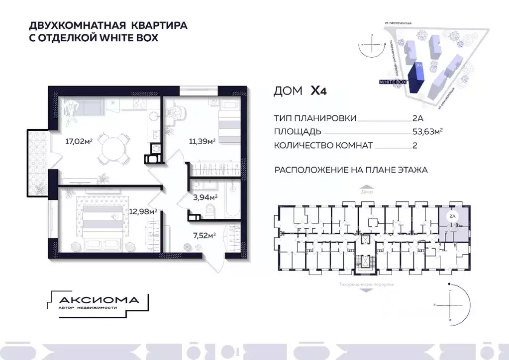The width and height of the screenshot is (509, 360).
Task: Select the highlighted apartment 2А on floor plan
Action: click(x=454, y=223)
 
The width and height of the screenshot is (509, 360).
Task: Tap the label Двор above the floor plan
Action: click(x=367, y=191)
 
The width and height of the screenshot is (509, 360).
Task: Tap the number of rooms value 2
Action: click(x=414, y=146)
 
